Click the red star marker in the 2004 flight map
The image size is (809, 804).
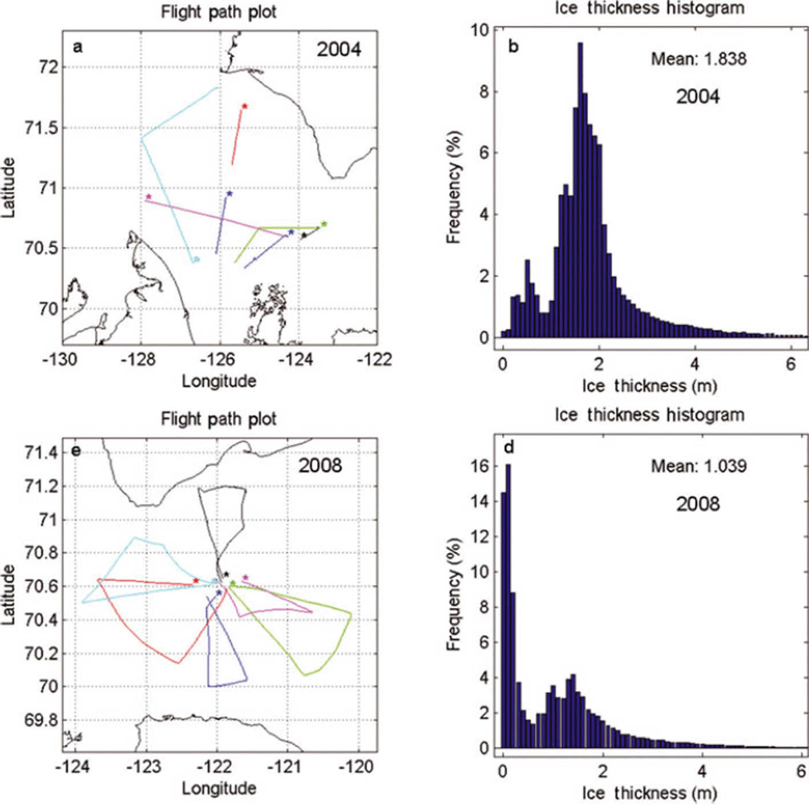point(245,106)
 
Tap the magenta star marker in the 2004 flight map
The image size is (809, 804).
point(149,197)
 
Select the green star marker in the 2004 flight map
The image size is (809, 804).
point(324,224)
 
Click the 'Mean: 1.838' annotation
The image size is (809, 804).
point(699,59)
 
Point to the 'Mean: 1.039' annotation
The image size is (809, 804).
point(699,466)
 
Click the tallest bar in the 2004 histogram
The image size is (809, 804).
point(580,191)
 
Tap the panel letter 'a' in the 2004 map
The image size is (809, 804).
point(77,47)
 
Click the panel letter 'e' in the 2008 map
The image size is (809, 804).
point(76,451)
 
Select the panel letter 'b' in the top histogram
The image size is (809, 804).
point(513,47)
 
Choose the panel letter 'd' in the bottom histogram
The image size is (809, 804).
point(509,448)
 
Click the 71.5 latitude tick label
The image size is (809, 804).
point(42,128)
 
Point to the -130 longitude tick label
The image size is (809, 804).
point(60,360)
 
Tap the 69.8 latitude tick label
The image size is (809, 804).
point(42,720)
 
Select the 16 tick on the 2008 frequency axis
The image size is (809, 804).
point(480,466)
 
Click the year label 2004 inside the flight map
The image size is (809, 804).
point(339,50)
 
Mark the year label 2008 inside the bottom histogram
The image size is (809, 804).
point(698,504)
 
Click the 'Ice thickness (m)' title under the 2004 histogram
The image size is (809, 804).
point(650,385)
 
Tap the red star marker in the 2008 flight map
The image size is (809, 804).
point(196,580)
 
